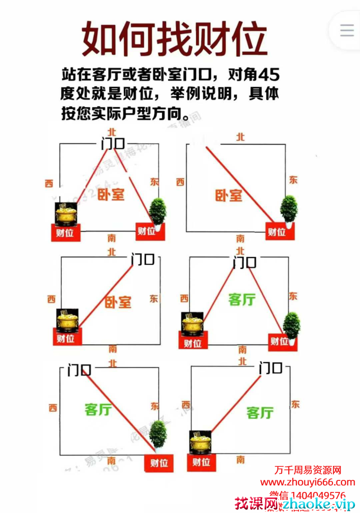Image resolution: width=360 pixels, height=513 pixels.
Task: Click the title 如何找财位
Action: [173, 39]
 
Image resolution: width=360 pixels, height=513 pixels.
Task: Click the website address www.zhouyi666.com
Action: [307, 482]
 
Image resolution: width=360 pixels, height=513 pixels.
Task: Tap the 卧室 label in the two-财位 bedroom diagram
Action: [111, 194]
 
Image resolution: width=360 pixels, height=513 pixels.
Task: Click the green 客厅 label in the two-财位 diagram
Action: [242, 300]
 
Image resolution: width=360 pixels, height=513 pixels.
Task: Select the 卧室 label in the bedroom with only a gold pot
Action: [118, 302]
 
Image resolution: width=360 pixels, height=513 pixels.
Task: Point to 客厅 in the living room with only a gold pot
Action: [260, 413]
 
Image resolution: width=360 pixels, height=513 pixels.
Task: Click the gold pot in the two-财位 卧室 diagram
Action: [66, 214]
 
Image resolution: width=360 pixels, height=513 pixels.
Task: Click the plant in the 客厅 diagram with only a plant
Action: [158, 434]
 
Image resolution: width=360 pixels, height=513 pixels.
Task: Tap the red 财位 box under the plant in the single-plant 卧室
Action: [276, 232]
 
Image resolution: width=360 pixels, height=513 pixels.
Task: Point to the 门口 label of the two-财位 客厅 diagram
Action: [245, 262]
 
